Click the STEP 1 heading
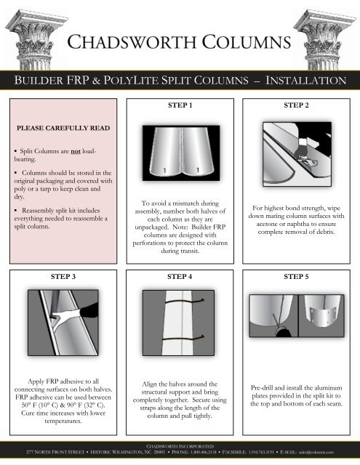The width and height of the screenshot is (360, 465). [x=180, y=105]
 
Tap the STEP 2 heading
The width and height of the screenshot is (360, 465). [x=299, y=105]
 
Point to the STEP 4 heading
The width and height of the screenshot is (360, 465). [x=180, y=277]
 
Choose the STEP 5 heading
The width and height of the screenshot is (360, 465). [x=299, y=277]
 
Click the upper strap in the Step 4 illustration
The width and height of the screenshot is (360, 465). [x=180, y=302]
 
